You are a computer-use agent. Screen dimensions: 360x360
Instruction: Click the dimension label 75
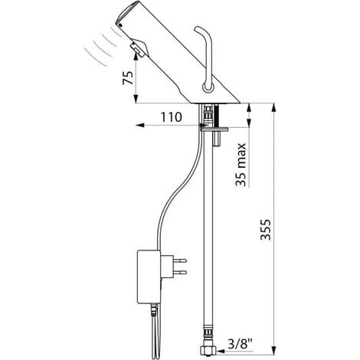[128, 78]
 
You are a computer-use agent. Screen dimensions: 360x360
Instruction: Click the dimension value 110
[172, 117]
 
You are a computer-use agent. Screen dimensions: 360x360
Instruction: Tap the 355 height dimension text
[266, 229]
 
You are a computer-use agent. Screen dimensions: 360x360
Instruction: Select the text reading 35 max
[241, 165]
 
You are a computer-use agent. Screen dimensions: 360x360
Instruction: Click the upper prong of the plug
[180, 260]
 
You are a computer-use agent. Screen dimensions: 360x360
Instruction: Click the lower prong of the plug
[180, 272]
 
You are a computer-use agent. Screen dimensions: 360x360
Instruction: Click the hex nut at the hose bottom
[208, 350]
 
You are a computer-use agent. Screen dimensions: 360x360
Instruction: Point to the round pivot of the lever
[208, 87]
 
